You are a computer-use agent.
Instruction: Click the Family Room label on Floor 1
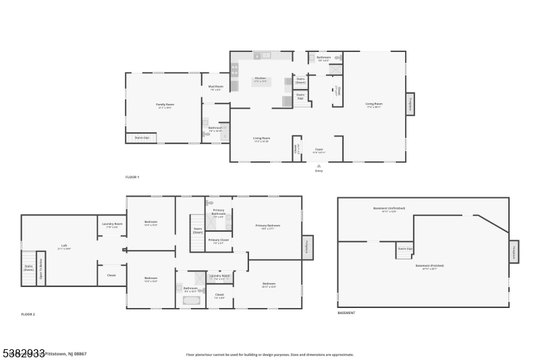pyautogui.click(x=165, y=105)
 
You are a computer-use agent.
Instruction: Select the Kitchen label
pyautogui.click(x=261, y=79)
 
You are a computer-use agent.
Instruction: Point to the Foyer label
pyautogui.click(x=318, y=151)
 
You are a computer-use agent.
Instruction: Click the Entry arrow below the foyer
pyautogui.click(x=319, y=165)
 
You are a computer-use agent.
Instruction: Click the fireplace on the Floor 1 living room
pyautogui.click(x=410, y=104)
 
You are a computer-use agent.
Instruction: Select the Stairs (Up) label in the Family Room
pyautogui.click(x=142, y=137)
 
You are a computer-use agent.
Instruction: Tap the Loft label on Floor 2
pyautogui.click(x=64, y=246)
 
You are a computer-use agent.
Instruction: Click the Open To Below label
pyautogui.click(x=41, y=268)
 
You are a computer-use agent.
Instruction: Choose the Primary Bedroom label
pyautogui.click(x=267, y=226)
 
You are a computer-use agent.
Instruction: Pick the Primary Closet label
pyautogui.click(x=218, y=240)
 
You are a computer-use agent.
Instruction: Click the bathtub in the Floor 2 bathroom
pyautogui.click(x=192, y=300)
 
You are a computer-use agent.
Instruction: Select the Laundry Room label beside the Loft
pyautogui.click(x=112, y=224)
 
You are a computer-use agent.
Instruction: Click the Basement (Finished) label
pyautogui.click(x=429, y=265)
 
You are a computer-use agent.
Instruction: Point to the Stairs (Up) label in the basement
pyautogui.click(x=404, y=249)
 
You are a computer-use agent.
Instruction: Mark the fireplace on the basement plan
pyautogui.click(x=514, y=251)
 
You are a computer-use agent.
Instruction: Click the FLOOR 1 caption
pyautogui.click(x=132, y=177)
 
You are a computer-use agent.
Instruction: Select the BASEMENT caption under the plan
pyautogui.click(x=346, y=313)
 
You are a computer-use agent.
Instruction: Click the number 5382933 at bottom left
pyautogui.click(x=24, y=352)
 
